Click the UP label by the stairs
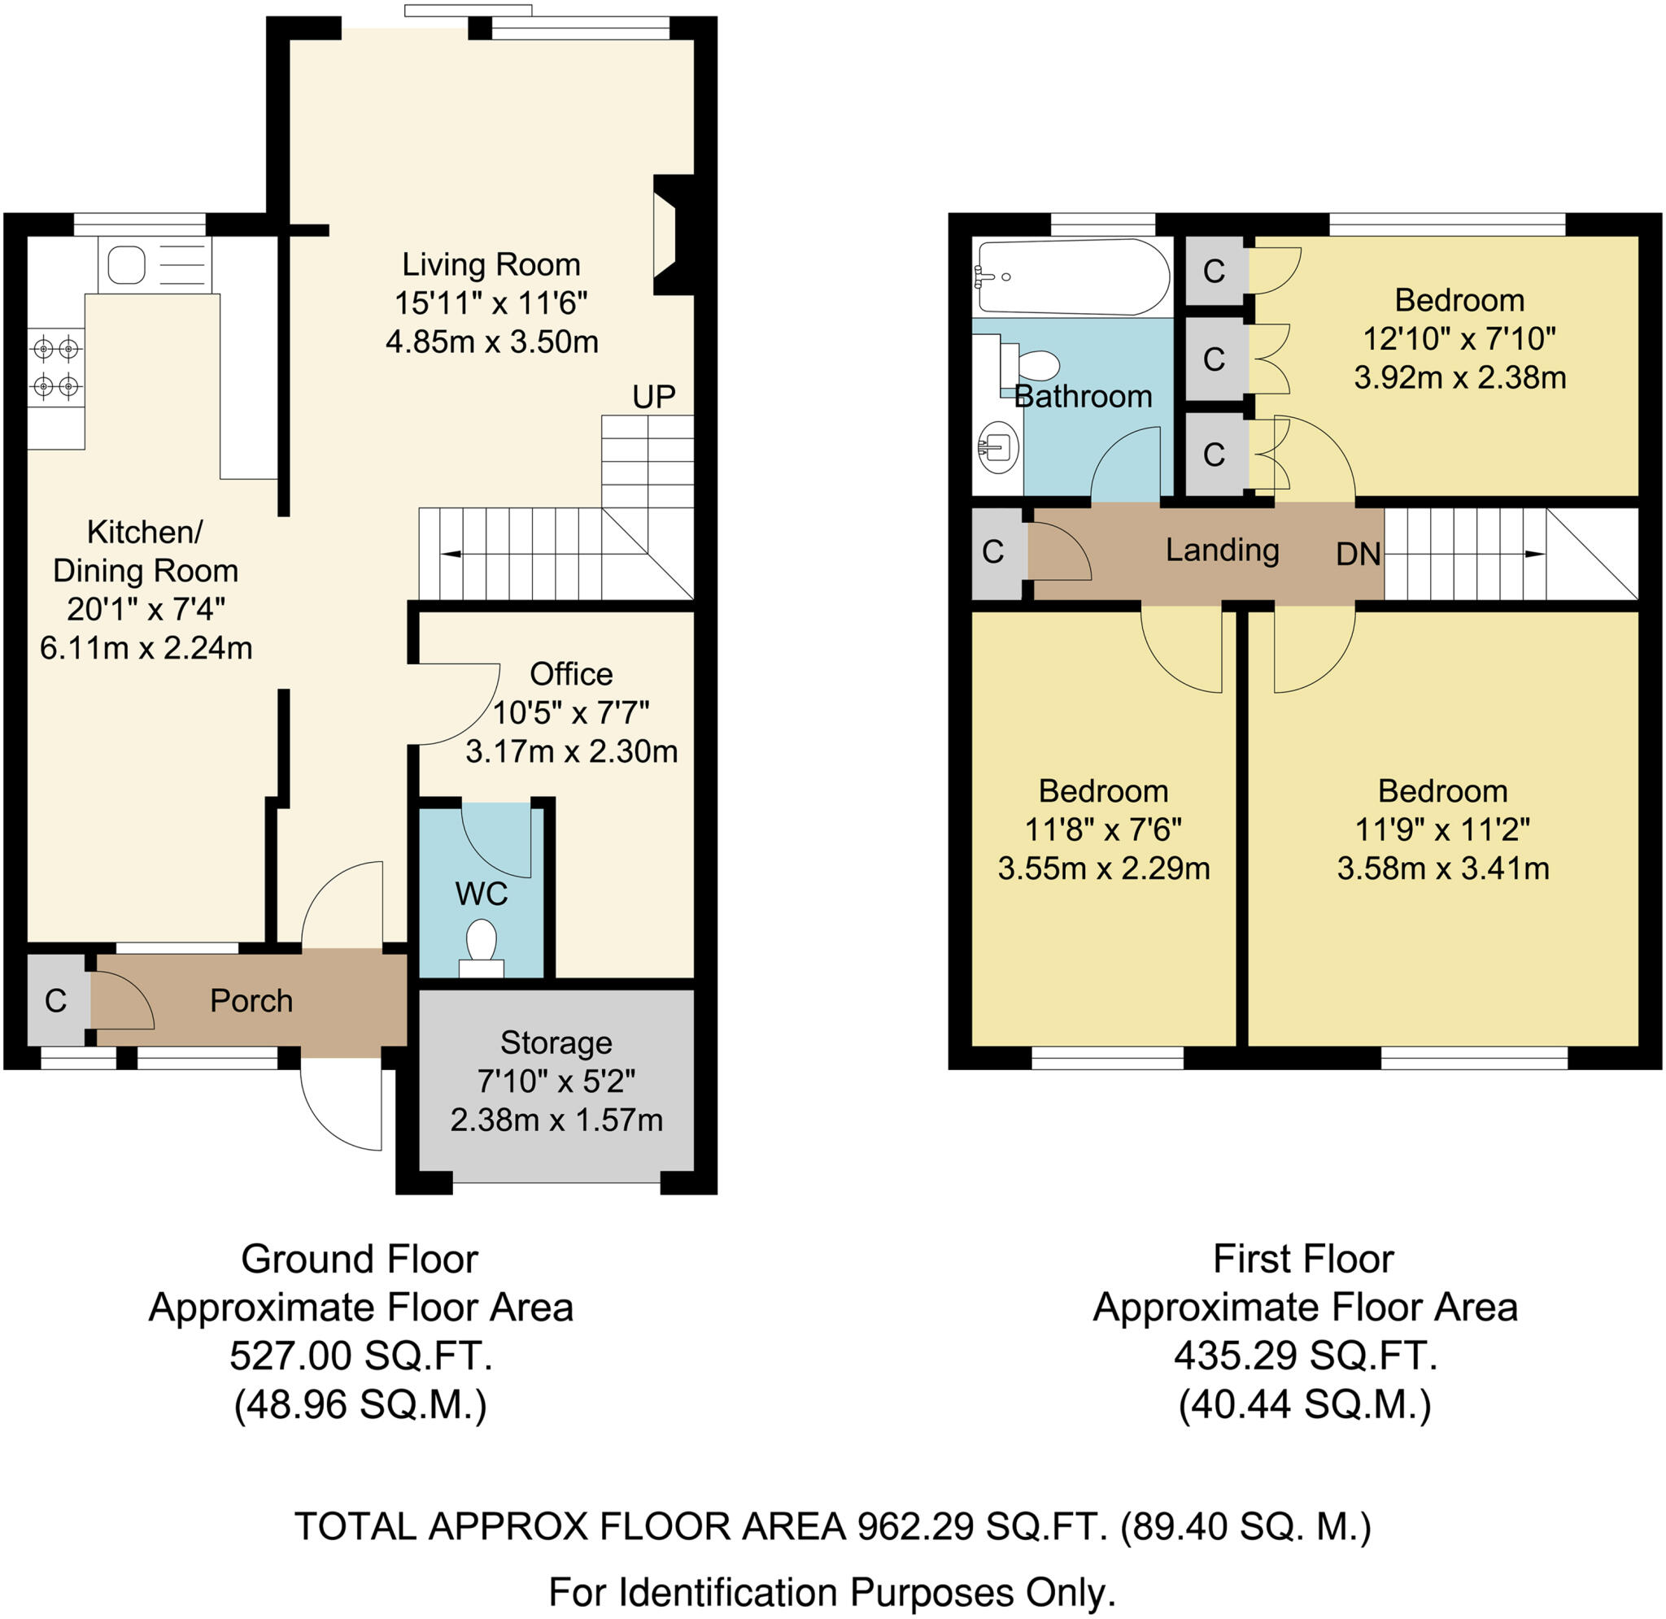click(x=653, y=396)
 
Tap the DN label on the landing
click(x=1358, y=555)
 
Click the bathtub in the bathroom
click(x=1072, y=277)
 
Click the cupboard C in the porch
click(x=56, y=1001)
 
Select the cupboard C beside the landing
click(x=993, y=552)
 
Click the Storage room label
click(x=556, y=1042)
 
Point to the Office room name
click(x=570, y=673)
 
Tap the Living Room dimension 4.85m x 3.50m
click(x=491, y=342)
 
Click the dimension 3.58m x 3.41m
click(x=1442, y=869)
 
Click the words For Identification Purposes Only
click(x=831, y=1592)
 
